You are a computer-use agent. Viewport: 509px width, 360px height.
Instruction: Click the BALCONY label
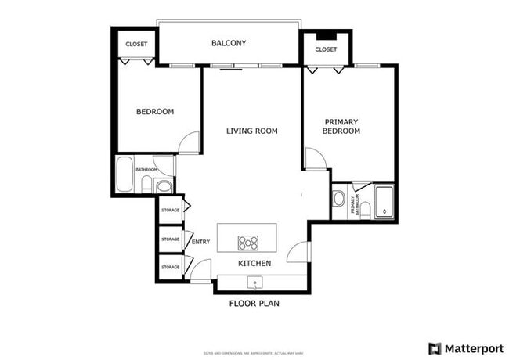click(229, 43)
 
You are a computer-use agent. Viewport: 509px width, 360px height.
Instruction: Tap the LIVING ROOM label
click(252, 131)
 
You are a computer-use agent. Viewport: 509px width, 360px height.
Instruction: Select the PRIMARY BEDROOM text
click(341, 126)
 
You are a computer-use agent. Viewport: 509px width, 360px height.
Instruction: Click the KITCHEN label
click(254, 264)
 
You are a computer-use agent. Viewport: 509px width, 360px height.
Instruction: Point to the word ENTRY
click(200, 242)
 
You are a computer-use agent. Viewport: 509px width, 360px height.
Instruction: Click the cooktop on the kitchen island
click(248, 242)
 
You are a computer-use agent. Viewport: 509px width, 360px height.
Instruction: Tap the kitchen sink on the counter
click(254, 282)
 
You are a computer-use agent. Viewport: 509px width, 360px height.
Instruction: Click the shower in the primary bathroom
click(384, 203)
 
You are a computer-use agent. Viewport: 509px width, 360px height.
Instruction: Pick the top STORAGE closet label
click(170, 210)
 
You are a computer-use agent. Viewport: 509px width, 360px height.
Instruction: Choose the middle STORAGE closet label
click(170, 239)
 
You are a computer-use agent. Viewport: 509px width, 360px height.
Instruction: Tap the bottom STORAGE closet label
click(170, 267)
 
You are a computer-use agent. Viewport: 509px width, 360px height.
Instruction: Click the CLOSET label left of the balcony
click(137, 45)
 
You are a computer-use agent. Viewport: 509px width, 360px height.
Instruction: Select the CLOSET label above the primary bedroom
click(326, 49)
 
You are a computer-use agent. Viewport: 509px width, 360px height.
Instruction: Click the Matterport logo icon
click(435, 347)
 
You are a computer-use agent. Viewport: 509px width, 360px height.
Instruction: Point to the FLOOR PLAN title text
click(254, 303)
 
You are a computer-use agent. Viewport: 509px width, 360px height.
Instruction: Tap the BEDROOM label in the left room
click(155, 112)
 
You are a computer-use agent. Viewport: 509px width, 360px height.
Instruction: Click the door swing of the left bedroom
click(189, 143)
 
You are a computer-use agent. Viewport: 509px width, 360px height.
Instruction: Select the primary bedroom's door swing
click(315, 159)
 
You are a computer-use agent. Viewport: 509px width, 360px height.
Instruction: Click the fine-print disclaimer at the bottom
click(254, 350)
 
